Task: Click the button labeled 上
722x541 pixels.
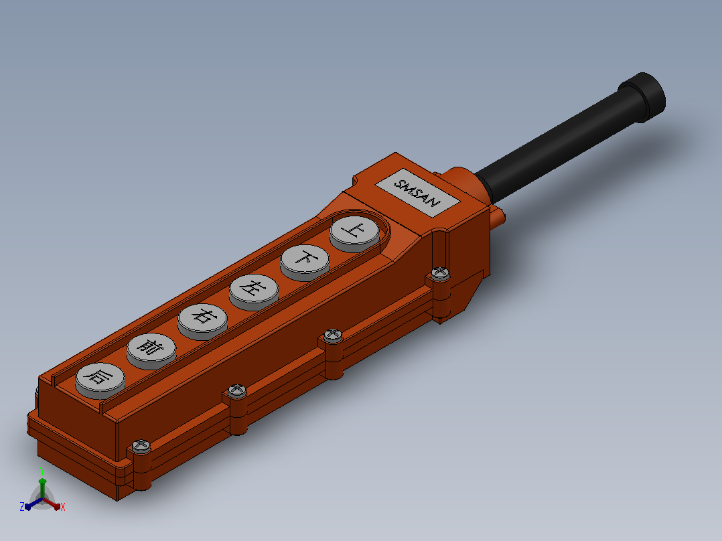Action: (x=354, y=232)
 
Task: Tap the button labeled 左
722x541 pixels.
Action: (x=254, y=291)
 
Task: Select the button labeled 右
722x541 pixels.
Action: (x=202, y=321)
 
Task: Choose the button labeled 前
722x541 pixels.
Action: (x=151, y=350)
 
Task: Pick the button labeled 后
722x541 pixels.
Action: (x=100, y=380)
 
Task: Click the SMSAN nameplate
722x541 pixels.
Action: (x=418, y=192)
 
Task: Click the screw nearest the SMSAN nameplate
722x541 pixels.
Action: (x=440, y=273)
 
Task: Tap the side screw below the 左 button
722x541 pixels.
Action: (x=333, y=335)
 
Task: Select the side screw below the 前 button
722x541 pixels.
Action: (x=237, y=390)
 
